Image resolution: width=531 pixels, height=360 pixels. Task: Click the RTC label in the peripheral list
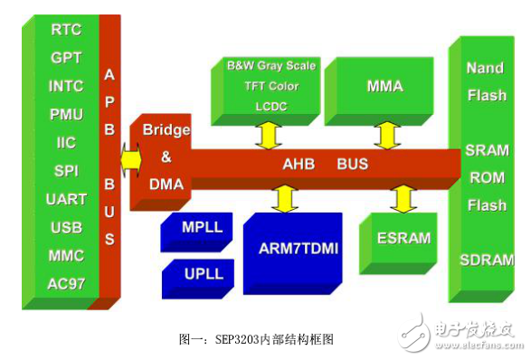coord(66,29)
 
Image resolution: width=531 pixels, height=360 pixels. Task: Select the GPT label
coord(66,57)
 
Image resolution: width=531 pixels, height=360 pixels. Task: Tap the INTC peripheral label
coord(66,86)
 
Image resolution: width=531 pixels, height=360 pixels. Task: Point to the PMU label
coord(66,114)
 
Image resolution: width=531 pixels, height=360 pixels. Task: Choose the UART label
coord(66,199)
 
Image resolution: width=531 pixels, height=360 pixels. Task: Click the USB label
coord(66,227)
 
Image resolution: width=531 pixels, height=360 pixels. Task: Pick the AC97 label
coord(66,283)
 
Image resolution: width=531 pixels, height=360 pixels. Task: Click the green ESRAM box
coord(395,241)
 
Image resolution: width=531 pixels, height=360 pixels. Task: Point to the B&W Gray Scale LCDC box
coord(270,87)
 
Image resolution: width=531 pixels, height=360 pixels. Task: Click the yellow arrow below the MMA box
coord(387,134)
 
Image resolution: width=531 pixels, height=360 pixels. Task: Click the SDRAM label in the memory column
coord(484,260)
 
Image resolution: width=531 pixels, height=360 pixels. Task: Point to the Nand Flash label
coord(486,81)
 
